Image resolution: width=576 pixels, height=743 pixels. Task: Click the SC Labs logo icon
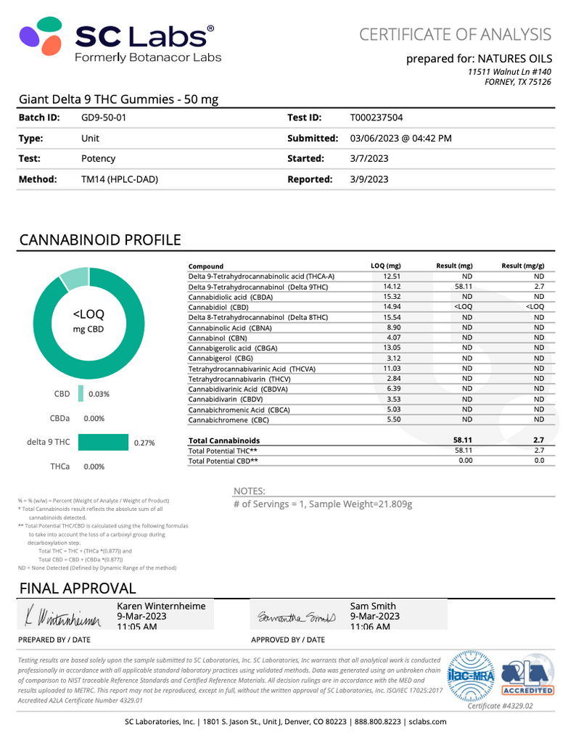click(x=44, y=43)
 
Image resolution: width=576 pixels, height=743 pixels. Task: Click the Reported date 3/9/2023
click(x=369, y=179)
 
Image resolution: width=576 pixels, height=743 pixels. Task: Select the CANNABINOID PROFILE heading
click(x=100, y=240)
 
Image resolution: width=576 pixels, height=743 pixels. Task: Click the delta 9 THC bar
click(x=103, y=442)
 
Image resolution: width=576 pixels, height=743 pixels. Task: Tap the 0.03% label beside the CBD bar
click(x=99, y=394)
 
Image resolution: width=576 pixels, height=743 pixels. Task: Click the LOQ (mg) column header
click(x=385, y=266)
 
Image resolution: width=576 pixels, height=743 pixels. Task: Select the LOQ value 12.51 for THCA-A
click(x=392, y=276)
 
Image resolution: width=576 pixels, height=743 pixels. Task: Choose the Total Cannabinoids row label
click(x=223, y=440)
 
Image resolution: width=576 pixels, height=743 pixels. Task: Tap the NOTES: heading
click(x=249, y=491)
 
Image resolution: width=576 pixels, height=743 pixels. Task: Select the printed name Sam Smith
click(x=373, y=606)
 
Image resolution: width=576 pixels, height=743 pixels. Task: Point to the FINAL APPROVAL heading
click(x=78, y=588)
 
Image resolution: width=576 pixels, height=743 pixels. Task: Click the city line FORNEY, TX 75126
click(x=517, y=82)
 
